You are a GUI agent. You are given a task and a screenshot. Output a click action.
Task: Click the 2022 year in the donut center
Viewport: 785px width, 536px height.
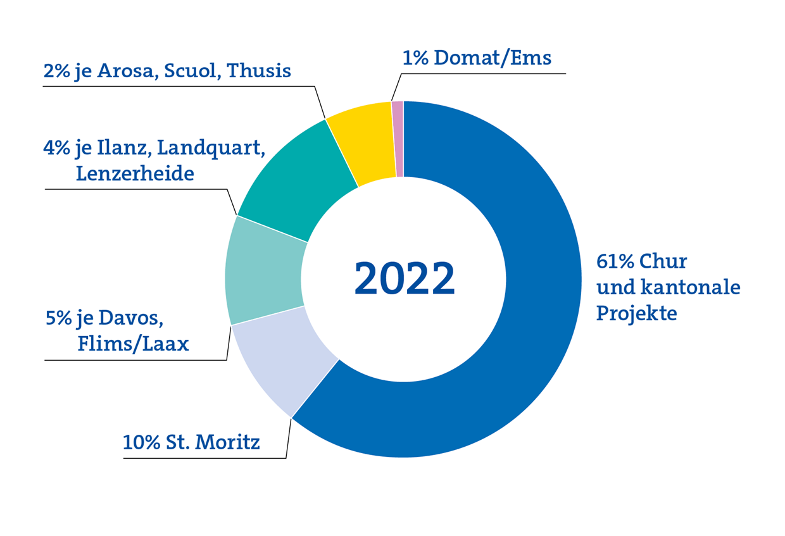pos(404,278)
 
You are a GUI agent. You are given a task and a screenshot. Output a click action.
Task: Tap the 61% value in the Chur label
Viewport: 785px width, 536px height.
pos(614,261)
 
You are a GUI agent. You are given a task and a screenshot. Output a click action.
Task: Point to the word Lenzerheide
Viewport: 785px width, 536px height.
pos(135,173)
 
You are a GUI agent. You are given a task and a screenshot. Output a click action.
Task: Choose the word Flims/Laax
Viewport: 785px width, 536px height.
pos(134,344)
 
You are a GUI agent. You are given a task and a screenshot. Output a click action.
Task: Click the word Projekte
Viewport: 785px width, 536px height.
pos(636,313)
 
